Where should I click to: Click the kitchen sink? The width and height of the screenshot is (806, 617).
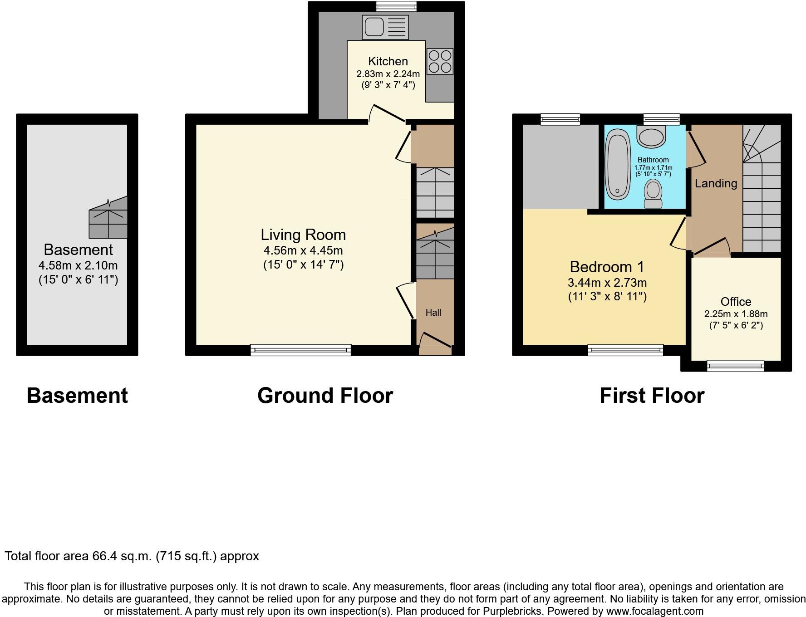click(385, 27)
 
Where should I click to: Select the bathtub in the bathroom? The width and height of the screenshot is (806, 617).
click(618, 165)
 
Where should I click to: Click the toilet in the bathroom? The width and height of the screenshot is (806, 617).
click(654, 194)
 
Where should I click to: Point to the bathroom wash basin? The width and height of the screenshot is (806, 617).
click(652, 136)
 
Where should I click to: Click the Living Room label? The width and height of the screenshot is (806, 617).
click(303, 235)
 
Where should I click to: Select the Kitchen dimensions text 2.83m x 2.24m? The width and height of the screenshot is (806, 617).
click(388, 74)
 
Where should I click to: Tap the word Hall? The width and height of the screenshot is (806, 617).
click(433, 313)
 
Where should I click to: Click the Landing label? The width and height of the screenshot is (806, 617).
click(716, 183)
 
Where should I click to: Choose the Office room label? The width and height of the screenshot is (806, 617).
click(736, 302)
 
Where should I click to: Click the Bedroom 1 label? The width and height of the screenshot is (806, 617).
click(607, 267)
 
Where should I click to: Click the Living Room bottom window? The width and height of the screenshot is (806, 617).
click(300, 350)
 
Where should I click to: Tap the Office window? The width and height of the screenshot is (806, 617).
click(735, 365)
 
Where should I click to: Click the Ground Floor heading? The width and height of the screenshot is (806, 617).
click(325, 396)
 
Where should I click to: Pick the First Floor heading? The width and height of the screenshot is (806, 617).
click(652, 396)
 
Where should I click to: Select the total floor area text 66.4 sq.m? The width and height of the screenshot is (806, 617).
click(132, 556)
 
